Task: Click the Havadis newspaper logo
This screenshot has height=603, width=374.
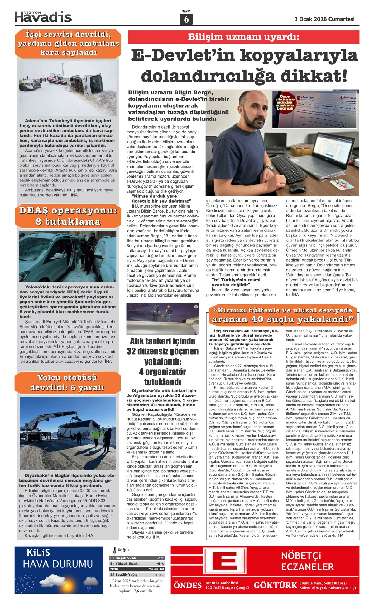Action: point(43,17)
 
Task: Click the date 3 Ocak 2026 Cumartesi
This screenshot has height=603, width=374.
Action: point(324,19)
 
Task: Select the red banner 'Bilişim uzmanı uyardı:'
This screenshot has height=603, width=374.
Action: point(243,37)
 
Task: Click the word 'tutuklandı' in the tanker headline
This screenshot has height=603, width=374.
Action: point(162,382)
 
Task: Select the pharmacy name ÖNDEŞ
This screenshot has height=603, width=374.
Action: point(188,585)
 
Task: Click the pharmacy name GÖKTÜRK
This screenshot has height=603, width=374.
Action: point(276,585)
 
